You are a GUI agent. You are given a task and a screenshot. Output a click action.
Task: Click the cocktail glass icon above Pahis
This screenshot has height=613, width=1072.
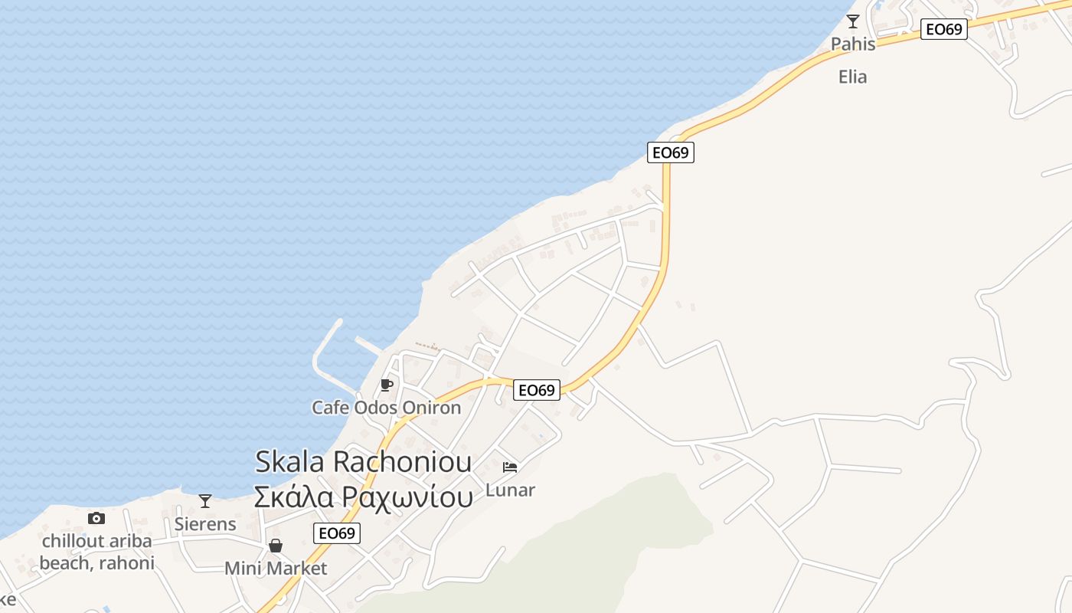tap(852, 21)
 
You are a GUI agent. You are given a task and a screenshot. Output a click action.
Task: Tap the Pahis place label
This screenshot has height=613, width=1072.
tap(853, 44)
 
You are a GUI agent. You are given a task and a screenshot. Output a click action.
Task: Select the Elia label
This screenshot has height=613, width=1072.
tap(852, 77)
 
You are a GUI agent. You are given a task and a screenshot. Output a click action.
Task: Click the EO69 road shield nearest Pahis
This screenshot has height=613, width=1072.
tap(943, 29)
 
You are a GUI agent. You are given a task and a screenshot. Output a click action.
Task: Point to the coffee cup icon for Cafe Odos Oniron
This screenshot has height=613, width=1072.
tap(387, 385)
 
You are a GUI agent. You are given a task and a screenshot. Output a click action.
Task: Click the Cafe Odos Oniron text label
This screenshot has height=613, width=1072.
tap(386, 408)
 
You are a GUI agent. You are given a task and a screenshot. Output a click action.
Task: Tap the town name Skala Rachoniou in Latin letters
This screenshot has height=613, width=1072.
tap(363, 461)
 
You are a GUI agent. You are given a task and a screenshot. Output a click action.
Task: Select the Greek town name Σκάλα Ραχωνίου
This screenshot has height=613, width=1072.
tap(363, 497)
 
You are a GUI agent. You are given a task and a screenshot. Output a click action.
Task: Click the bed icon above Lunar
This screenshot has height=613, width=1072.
tap(510, 467)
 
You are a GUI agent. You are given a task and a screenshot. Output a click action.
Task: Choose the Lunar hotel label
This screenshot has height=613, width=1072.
tap(510, 490)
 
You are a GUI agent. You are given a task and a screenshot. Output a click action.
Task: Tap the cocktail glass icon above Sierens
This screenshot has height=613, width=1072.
tap(204, 501)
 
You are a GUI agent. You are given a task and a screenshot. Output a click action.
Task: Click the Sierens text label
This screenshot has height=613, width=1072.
tap(205, 524)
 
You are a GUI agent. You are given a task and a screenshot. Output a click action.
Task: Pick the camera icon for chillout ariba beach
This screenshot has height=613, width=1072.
tap(96, 518)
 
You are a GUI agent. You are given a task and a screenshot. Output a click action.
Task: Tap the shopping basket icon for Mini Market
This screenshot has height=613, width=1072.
tap(275, 546)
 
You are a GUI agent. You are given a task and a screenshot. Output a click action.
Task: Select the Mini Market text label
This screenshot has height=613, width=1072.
tap(275, 569)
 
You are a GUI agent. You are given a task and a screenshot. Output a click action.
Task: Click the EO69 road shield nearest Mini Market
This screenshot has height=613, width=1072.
tap(337, 533)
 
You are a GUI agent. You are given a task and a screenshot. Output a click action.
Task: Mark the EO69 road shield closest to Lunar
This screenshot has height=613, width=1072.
tap(536, 390)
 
